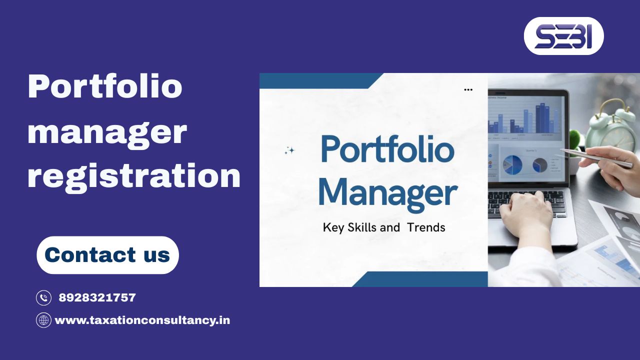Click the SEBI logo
click(x=563, y=36)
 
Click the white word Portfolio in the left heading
click(x=105, y=86)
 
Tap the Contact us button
click(x=107, y=255)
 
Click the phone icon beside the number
click(x=44, y=298)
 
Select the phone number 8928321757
click(x=97, y=298)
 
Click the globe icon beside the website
click(x=44, y=320)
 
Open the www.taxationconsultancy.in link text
click(x=142, y=320)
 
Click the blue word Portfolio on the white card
click(x=387, y=149)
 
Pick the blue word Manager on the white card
click(x=387, y=194)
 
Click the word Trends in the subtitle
click(x=426, y=227)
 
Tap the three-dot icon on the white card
click(x=468, y=90)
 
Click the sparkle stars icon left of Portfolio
click(x=289, y=150)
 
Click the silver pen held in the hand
click(x=595, y=157)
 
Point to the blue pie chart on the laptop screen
click(x=512, y=164)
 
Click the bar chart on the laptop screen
click(x=525, y=117)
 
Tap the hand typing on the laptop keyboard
click(x=525, y=212)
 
